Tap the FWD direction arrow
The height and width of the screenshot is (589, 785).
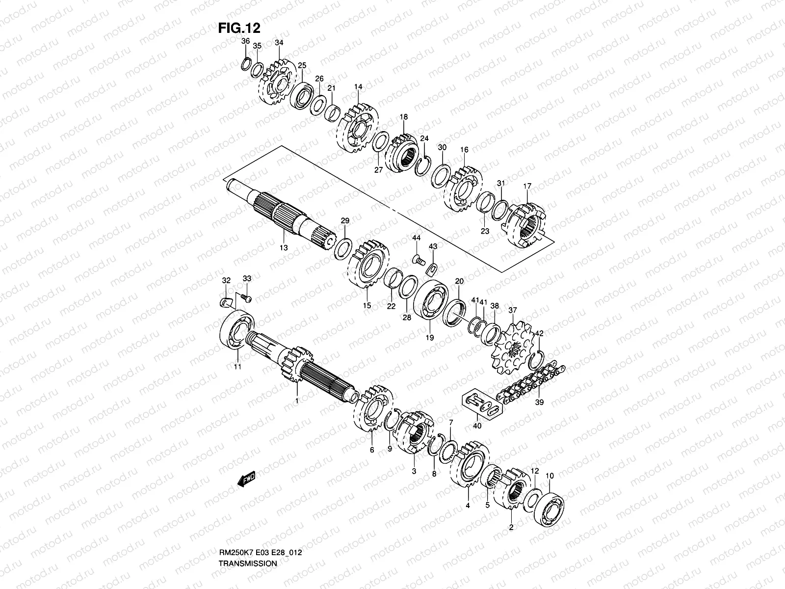pos(246,480)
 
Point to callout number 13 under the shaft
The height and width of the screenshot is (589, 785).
pos(284,248)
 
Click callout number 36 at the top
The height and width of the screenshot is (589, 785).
pos(246,41)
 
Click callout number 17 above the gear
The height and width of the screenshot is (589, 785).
pos(527,186)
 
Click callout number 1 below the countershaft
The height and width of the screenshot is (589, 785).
pos(296,401)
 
